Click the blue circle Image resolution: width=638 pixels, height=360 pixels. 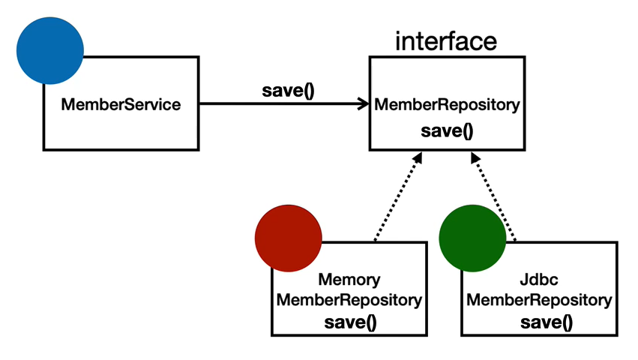point(50,51)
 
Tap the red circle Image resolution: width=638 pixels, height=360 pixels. point(289,238)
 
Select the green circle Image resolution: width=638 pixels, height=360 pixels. point(472,238)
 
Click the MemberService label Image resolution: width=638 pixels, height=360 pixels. point(121,105)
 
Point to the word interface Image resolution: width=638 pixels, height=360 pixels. point(446,41)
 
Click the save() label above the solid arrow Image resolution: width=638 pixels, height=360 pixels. point(288,91)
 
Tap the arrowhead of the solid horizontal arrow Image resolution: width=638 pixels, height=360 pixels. point(363,103)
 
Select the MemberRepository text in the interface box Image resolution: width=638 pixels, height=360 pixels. point(447,105)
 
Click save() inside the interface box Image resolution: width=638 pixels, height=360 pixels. point(447,131)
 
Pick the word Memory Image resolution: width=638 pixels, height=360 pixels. point(349,280)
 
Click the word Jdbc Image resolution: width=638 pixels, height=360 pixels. point(539,280)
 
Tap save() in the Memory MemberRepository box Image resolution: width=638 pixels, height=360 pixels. point(350,322)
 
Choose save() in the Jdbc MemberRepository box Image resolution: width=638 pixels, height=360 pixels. point(547,322)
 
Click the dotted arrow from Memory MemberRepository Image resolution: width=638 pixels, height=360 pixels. point(398,196)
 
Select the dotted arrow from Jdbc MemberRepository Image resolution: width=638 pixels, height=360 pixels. point(493,196)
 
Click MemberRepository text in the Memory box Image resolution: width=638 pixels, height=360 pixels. point(349,301)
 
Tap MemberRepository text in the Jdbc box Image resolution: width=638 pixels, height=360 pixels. point(539,301)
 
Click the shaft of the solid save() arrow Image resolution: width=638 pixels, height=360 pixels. point(280,103)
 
